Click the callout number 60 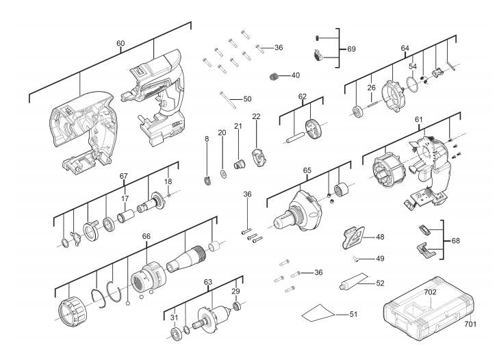tap(120, 43)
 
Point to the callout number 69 tap(351, 49)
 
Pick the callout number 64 tap(405, 48)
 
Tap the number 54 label tap(413, 66)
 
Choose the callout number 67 tap(124, 177)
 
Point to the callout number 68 tap(457, 242)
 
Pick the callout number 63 tap(208, 281)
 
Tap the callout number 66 tap(146, 235)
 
